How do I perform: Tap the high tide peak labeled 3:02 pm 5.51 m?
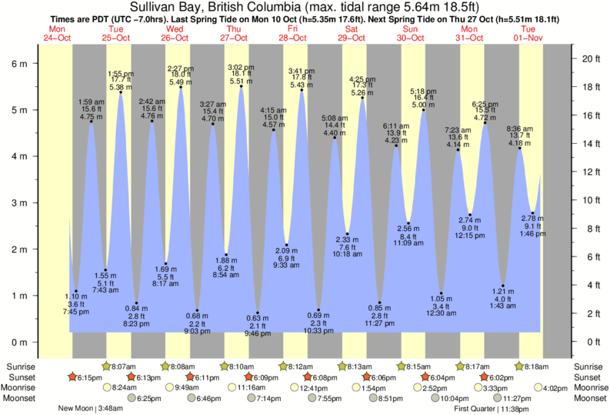[242, 86]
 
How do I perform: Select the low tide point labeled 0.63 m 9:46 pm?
[258, 313]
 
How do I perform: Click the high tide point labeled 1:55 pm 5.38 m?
[121, 92]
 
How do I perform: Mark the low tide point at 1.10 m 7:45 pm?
[76, 291]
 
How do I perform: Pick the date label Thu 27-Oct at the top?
[234, 33]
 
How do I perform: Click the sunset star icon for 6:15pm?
[72, 377]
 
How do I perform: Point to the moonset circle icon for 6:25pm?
[131, 399]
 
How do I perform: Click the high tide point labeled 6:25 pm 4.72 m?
[485, 123]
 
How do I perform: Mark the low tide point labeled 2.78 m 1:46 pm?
[533, 213]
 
